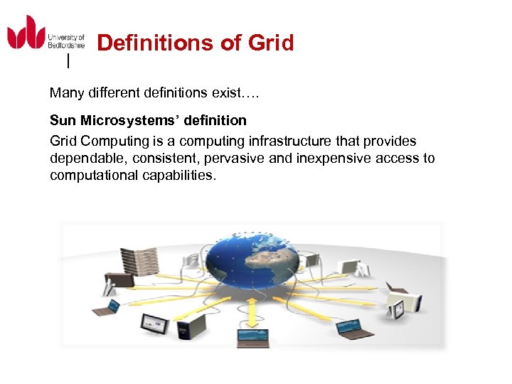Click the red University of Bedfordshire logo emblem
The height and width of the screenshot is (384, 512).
coord(26,33)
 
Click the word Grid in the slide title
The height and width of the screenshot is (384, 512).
coord(271,43)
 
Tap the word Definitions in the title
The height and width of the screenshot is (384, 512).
coord(155,43)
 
